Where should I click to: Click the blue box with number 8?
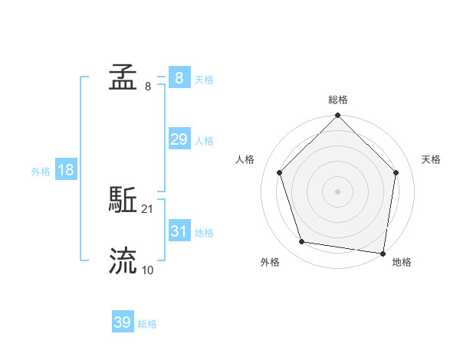179,78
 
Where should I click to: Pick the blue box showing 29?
179,139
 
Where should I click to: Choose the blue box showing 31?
179,231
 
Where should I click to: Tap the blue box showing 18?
66,170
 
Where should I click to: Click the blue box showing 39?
123,322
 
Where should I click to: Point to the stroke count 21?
148,208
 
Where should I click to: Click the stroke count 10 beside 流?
148,270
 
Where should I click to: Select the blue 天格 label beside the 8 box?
204,80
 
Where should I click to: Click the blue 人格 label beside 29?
204,141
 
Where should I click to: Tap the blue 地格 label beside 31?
204,233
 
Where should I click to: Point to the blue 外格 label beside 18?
41,172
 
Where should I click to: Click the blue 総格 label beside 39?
147,324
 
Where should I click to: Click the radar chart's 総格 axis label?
338,100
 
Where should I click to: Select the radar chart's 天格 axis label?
432,159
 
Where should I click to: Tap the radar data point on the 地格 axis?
383,253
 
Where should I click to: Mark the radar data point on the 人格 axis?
279,172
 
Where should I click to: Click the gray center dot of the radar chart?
338,191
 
